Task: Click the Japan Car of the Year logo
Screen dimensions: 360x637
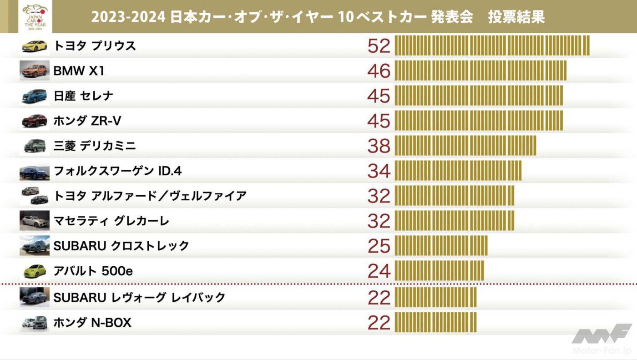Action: pos(35,17)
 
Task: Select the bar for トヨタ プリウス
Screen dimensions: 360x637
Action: pos(492,46)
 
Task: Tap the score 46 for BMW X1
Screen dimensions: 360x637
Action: pos(379,71)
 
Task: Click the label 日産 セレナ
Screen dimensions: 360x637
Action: pos(83,96)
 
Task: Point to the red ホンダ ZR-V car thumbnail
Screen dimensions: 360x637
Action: pos(35,121)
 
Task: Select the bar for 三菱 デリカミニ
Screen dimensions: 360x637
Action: pos(465,146)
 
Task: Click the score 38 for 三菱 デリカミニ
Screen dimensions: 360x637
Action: pos(379,146)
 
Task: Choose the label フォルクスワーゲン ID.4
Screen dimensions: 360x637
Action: pos(118,171)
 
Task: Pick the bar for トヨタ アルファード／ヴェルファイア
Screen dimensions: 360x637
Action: pos(454,196)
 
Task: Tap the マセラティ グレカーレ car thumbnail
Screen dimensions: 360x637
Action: pos(35,221)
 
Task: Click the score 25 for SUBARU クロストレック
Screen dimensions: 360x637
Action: pos(379,246)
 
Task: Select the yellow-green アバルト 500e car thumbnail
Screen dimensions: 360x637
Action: pos(35,271)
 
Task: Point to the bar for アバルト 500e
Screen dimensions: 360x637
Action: pos(439,271)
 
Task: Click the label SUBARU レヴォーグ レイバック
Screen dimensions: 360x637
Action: pos(139,298)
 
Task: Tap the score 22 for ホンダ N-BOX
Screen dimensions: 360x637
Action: pos(379,323)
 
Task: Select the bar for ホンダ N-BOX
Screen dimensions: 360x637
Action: pos(435,323)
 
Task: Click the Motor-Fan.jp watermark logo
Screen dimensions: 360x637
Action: pos(602,339)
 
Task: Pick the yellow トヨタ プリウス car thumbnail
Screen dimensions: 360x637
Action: pos(35,46)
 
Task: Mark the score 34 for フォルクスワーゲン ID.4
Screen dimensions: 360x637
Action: pos(379,171)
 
